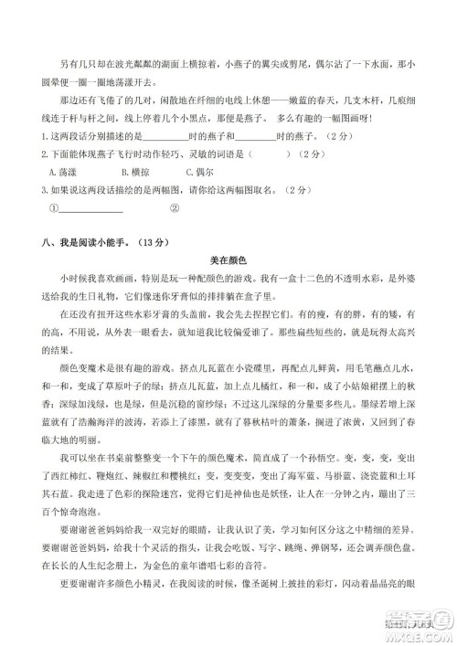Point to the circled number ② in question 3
175,207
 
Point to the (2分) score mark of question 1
336,137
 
